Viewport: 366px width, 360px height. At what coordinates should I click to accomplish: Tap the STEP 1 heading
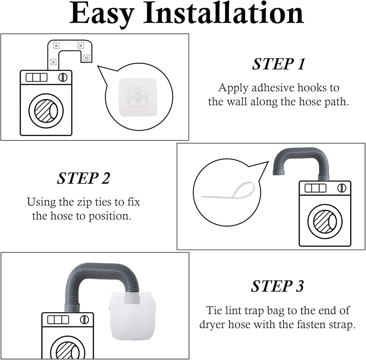[x=279, y=64]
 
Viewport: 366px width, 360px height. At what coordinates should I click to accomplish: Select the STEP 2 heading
[x=83, y=178]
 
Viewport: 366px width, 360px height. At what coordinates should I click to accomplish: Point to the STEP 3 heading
[x=277, y=286]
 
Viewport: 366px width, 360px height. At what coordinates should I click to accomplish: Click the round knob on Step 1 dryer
[x=63, y=77]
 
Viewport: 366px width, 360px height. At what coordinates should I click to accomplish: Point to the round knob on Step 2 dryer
[x=342, y=188]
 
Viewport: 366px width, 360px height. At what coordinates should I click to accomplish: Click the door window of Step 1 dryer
[x=46, y=111]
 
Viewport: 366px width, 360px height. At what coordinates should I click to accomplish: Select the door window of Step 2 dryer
[x=325, y=221]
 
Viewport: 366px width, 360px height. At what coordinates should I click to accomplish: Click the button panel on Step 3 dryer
[x=58, y=320]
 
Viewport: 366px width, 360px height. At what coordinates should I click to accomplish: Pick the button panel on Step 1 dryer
[x=36, y=78]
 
